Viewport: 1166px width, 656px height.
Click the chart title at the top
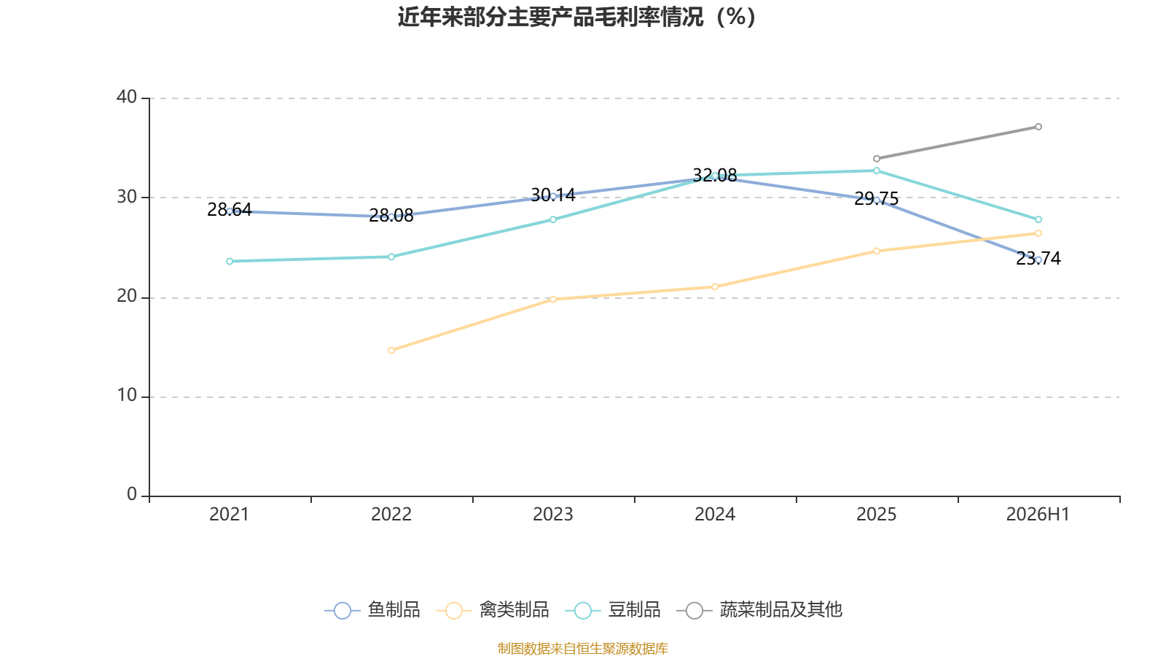[576, 17]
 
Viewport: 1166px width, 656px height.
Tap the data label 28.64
[230, 209]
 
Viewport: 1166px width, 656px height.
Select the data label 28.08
[391, 215]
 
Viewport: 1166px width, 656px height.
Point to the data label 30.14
[553, 195]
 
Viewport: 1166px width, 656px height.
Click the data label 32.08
[715, 176]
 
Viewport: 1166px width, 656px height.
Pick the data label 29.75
[877, 198]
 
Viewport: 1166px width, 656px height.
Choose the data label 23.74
[1038, 258]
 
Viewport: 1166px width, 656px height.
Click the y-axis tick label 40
[127, 97]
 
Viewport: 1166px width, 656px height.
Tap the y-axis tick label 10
[127, 396]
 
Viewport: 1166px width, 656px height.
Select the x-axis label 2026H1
[1038, 515]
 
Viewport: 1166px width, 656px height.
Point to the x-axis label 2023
[553, 515]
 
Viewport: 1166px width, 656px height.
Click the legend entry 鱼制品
[372, 609]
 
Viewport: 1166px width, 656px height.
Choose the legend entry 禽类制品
[493, 609]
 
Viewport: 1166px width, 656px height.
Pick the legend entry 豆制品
[613, 609]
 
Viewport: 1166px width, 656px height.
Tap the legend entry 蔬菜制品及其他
[759, 609]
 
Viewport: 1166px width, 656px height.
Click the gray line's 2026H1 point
[1038, 127]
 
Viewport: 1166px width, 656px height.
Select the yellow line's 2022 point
[391, 351]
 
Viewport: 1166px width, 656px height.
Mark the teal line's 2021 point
[230, 262]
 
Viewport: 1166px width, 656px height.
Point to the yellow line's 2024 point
[715, 287]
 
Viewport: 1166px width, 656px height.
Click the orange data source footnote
[582, 648]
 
